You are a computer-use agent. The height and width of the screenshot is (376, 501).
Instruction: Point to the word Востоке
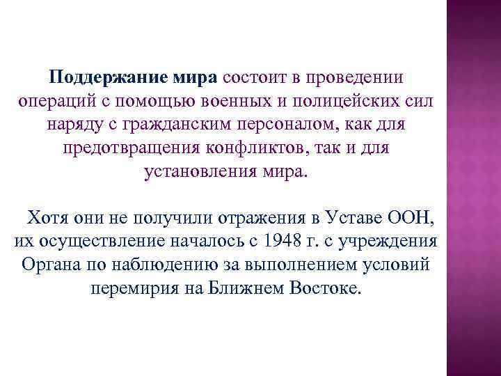pos(324,288)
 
